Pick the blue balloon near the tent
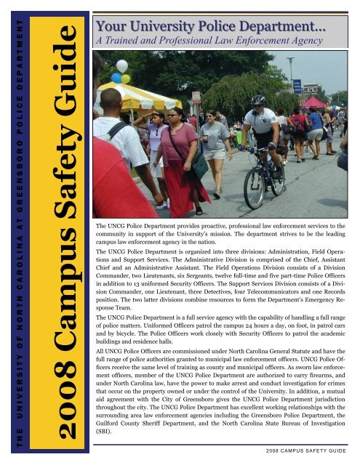[x=116, y=78]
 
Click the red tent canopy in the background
[x=314, y=102]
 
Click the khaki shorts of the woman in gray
[x=215, y=153]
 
